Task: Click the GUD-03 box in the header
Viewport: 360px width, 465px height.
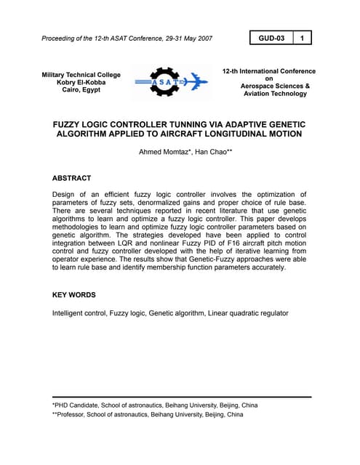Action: click(271, 37)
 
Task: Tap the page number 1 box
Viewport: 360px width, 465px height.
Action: click(303, 37)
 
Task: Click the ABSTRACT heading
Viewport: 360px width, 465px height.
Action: click(71, 177)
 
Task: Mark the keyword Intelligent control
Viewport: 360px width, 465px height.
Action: click(79, 313)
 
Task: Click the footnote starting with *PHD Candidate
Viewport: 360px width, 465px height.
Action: click(154, 405)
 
